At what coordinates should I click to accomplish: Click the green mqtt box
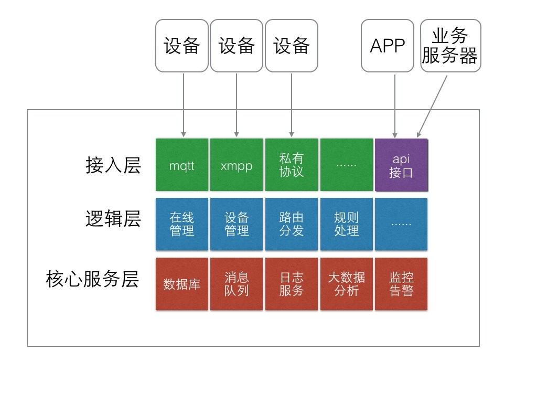182,165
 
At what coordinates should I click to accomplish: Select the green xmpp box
237,165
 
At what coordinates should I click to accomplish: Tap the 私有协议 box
292,165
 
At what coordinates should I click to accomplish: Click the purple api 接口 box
401,165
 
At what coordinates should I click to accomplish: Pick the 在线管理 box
182,224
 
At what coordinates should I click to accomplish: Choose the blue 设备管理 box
237,224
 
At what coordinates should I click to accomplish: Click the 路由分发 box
292,224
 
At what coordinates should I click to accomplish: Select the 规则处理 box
346,224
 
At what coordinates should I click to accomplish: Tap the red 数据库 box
182,284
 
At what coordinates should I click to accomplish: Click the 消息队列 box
237,284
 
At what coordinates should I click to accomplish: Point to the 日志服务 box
292,284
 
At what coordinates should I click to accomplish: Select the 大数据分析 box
346,284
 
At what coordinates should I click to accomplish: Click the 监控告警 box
401,284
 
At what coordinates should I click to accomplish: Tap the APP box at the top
388,46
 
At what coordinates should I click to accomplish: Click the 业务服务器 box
450,46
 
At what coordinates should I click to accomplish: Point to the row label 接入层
113,165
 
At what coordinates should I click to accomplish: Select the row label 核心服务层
92,280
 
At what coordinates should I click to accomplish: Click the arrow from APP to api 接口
394,105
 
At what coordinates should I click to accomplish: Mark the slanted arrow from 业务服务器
433,105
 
